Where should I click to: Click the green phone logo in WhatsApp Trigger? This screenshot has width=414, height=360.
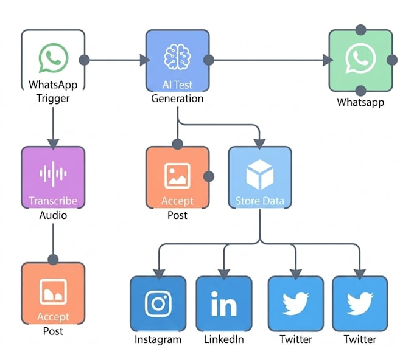click(54, 58)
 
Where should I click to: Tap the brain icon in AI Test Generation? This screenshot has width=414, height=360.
click(177, 57)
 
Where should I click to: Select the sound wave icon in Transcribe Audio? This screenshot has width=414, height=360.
click(53, 174)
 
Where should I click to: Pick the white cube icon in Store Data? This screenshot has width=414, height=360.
click(260, 175)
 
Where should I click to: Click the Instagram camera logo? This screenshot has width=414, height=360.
click(158, 303)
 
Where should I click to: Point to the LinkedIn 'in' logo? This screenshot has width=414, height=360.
click(224, 303)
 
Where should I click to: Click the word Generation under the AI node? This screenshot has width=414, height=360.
click(177, 99)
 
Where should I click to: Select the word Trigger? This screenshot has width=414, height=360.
click(53, 99)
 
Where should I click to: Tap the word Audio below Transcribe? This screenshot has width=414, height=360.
click(53, 215)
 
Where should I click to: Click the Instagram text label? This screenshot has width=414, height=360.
click(158, 339)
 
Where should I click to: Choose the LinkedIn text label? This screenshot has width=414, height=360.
click(224, 339)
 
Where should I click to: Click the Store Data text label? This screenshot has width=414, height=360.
click(260, 201)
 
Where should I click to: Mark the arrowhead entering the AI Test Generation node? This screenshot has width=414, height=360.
click(145, 60)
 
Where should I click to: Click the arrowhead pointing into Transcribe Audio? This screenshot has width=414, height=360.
click(53, 144)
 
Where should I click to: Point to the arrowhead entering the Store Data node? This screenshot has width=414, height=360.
click(259, 144)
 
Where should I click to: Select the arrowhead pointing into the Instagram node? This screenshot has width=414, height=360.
click(159, 274)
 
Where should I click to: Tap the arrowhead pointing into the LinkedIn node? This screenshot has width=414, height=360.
click(224, 274)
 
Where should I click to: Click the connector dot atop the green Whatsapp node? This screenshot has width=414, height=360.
click(360, 30)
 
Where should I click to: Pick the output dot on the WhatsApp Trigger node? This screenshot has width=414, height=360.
click(84, 60)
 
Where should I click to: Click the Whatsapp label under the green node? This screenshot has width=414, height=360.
click(360, 102)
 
